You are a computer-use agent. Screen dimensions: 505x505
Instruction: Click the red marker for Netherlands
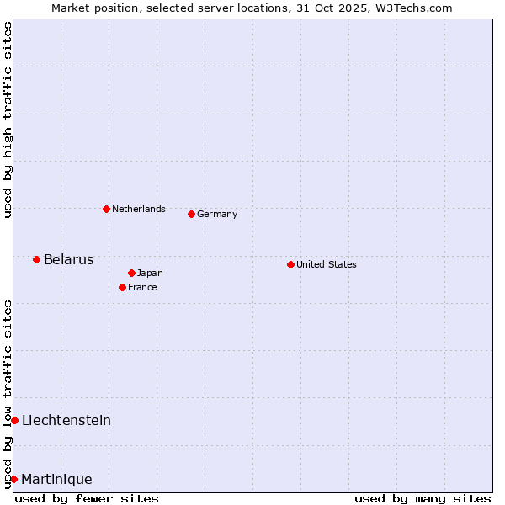coord(106,209)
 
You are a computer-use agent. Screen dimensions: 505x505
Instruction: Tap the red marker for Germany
coord(191,214)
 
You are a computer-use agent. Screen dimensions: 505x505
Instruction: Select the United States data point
coord(290,264)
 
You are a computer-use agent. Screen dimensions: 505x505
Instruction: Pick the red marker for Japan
coord(131,273)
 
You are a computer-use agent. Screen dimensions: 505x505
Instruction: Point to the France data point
coord(122,287)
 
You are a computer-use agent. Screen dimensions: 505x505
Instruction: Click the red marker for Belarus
coord(36,259)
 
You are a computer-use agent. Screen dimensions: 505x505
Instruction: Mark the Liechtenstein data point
coord(14,420)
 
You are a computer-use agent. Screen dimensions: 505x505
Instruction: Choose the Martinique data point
coord(13,479)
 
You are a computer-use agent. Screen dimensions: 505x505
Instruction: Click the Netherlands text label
coord(139,209)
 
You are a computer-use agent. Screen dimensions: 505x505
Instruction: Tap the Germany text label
coord(217,214)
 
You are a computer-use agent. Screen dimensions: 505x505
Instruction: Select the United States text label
coord(327,264)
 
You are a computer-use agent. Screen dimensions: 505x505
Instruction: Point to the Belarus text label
coord(68,259)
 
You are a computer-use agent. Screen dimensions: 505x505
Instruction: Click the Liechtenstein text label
coord(66,420)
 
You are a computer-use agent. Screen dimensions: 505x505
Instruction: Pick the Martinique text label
coord(56,479)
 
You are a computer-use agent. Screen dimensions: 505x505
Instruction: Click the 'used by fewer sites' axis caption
coord(87,498)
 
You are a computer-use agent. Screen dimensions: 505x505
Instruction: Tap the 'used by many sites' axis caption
coord(423,498)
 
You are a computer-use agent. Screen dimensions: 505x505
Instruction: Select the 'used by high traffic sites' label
coord(8,120)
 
